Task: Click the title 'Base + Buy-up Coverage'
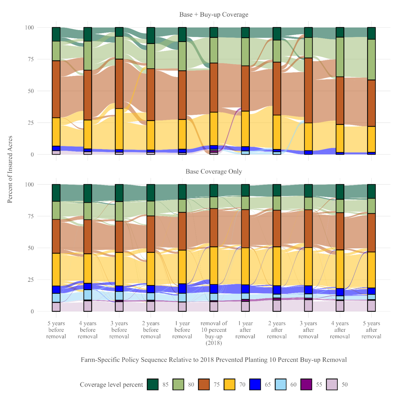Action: click(x=213, y=15)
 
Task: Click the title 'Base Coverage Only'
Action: click(x=213, y=171)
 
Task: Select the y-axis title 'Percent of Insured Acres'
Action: click(x=10, y=169)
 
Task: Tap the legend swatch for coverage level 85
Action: click(x=153, y=384)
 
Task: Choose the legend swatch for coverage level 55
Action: click(x=306, y=384)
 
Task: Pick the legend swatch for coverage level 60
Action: click(x=281, y=384)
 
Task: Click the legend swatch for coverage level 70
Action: click(x=229, y=384)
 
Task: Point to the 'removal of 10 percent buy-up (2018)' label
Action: click(x=213, y=333)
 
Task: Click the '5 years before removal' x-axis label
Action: click(x=56, y=330)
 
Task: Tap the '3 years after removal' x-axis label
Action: click(x=308, y=330)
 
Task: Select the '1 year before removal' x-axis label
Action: click(x=182, y=330)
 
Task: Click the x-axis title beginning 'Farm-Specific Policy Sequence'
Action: click(x=213, y=360)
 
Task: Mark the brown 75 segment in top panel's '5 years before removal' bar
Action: click(x=56, y=89)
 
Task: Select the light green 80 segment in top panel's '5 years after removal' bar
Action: click(x=371, y=60)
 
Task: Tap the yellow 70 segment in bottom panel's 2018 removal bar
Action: click(x=213, y=266)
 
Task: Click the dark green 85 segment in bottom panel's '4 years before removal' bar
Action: click(x=88, y=193)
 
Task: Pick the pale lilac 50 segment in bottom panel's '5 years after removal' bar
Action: click(x=371, y=306)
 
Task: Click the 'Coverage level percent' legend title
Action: click(x=111, y=385)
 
